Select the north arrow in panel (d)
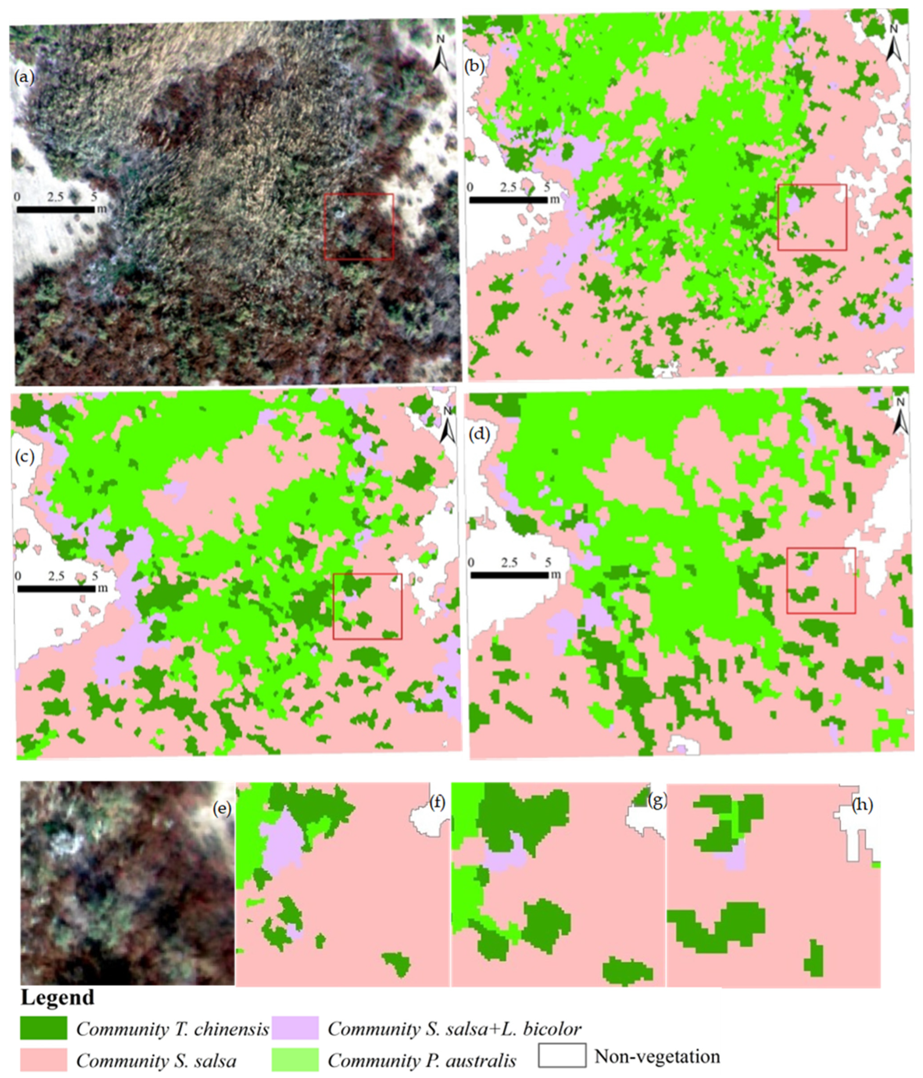901,417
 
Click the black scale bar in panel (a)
56,209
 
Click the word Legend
57,997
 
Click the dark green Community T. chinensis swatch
44,1028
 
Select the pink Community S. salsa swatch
44,1060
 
